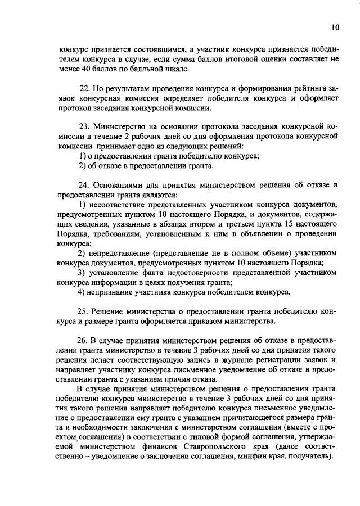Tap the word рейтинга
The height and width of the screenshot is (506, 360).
[x=304, y=89]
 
